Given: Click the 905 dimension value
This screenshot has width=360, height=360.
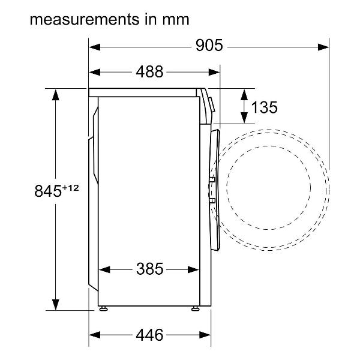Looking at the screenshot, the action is click(x=209, y=45).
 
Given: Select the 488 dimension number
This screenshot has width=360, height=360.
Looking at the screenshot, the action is click(x=149, y=71).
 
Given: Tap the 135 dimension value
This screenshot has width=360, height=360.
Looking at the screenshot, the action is click(x=264, y=107).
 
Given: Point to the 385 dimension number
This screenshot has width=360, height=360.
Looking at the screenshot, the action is click(x=149, y=269).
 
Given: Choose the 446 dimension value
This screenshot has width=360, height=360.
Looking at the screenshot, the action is click(x=149, y=335).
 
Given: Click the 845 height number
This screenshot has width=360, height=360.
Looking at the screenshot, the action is click(x=48, y=191).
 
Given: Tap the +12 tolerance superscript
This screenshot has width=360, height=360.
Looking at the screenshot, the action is click(x=70, y=188).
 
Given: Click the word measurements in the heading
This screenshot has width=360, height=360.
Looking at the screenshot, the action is click(x=85, y=20).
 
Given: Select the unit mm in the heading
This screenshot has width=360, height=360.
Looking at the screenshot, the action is click(x=176, y=20).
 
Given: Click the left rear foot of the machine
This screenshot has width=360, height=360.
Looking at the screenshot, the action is click(x=103, y=308).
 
